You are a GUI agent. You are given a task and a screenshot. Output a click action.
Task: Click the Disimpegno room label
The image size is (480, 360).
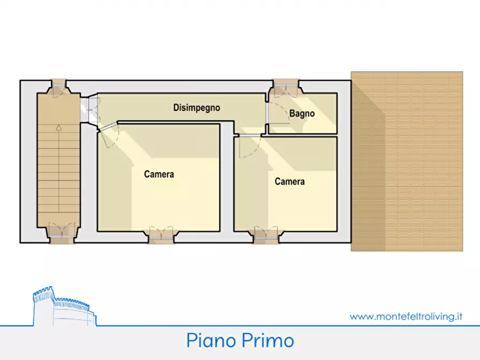coord(196,107)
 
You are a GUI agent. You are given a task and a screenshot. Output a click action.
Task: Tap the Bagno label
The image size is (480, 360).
coord(302,114)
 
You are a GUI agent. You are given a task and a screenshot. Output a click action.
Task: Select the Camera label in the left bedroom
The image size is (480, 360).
coord(159,174)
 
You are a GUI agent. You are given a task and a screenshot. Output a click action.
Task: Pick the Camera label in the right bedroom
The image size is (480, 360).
coord(290,182)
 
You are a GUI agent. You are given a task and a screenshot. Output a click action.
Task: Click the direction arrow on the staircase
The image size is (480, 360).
coord(58,128)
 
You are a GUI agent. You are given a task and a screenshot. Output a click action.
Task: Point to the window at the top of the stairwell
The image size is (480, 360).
coord(58,85)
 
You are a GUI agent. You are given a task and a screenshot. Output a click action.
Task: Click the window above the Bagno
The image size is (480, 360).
coord(286,85)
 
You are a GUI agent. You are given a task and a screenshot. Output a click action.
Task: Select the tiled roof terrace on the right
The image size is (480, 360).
coord(407,161)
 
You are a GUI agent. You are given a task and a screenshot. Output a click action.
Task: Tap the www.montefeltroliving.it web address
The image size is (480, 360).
coord(406,316)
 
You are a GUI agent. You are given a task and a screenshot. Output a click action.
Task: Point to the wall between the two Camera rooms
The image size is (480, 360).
coord(227,177)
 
